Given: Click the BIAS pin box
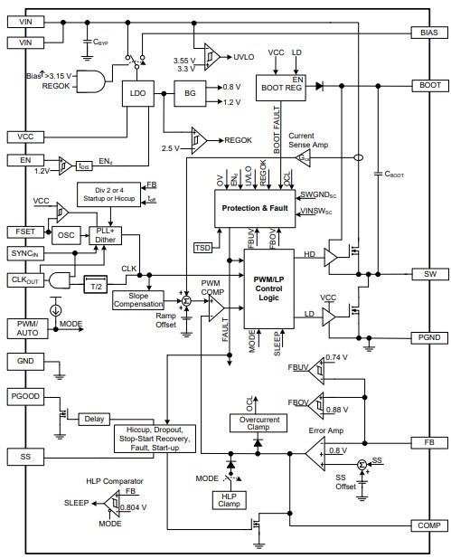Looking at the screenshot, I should point(428,31).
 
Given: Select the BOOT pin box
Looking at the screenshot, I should point(428,85).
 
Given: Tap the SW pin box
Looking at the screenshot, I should point(428,273).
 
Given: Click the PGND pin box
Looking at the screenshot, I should point(428,338).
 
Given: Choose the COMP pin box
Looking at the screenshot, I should point(428,525).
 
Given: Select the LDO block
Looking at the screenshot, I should point(138,93).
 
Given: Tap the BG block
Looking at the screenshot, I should point(189,93).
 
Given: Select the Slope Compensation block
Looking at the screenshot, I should point(138,300).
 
